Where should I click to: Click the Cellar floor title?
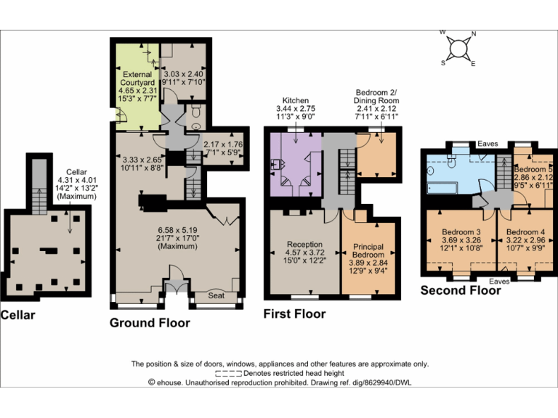click(x=17, y=315)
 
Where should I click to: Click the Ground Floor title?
click(x=150, y=323)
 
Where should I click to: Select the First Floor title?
click(x=294, y=314)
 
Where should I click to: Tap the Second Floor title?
click(x=461, y=290)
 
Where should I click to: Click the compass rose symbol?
click(x=458, y=49)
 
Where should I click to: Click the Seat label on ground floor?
click(x=216, y=295)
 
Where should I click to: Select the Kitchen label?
click(x=296, y=100)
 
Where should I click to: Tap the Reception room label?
click(x=304, y=244)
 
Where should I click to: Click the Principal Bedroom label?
click(x=368, y=251)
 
